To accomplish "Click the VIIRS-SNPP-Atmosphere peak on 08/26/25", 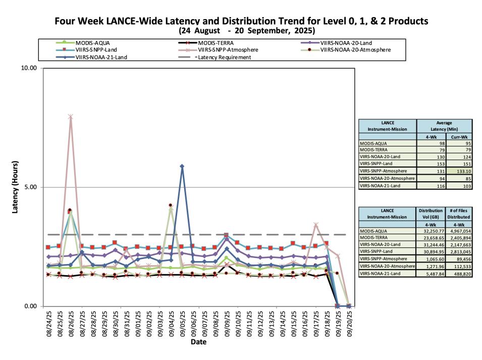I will pos(71,117).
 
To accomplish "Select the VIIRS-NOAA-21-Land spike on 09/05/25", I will pos(182,166).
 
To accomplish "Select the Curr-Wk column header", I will pos(458,136).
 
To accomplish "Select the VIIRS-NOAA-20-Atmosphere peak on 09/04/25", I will pos(171,205).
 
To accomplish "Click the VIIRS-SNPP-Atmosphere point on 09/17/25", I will pos(315,225).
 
